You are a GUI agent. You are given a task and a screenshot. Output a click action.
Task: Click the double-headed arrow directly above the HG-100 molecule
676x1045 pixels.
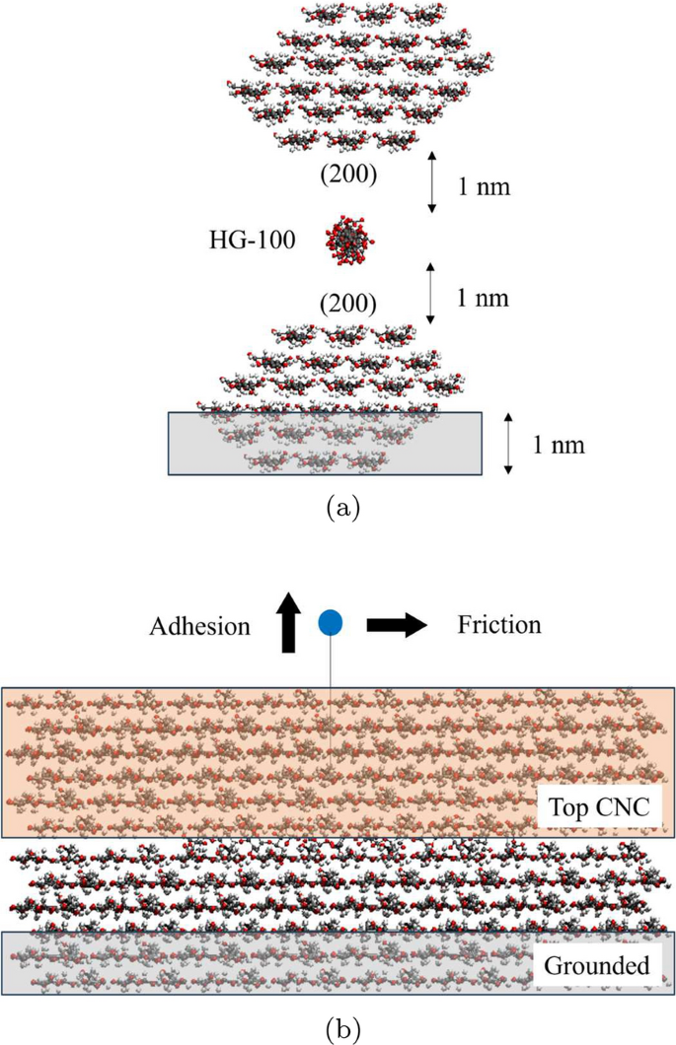[430, 182]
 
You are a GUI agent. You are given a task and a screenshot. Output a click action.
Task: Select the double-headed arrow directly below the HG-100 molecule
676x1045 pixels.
[430, 293]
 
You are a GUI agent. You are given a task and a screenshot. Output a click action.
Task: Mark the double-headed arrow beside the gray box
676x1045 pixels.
[506, 444]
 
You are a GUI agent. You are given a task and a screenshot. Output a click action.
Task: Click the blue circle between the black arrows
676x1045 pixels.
[331, 622]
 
